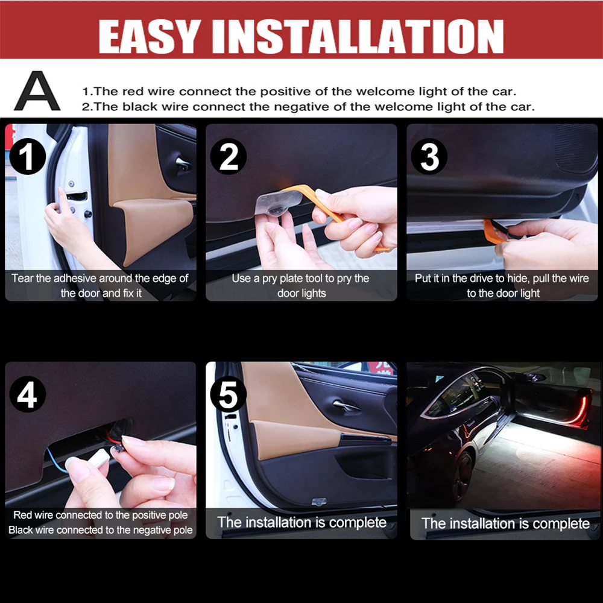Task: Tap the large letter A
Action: coord(37,91)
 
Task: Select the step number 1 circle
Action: coord(27,157)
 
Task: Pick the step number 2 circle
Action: coord(229,157)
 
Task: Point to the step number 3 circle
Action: coord(429,157)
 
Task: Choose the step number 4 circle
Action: coord(27,394)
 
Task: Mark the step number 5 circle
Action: coord(229,394)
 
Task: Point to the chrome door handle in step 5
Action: coord(346,405)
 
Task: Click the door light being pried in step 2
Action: coord(278,204)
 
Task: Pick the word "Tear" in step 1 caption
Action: coord(22,278)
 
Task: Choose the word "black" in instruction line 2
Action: coord(140,107)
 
